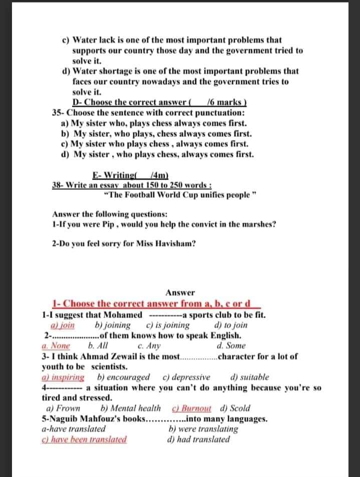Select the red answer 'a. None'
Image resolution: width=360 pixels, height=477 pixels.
(x=56, y=345)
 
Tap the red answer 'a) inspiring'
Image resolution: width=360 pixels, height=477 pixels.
(x=63, y=377)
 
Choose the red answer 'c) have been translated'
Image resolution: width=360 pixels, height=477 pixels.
(x=84, y=439)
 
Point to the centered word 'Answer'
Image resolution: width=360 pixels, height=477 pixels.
(x=180, y=293)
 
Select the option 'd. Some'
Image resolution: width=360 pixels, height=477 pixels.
(x=231, y=345)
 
